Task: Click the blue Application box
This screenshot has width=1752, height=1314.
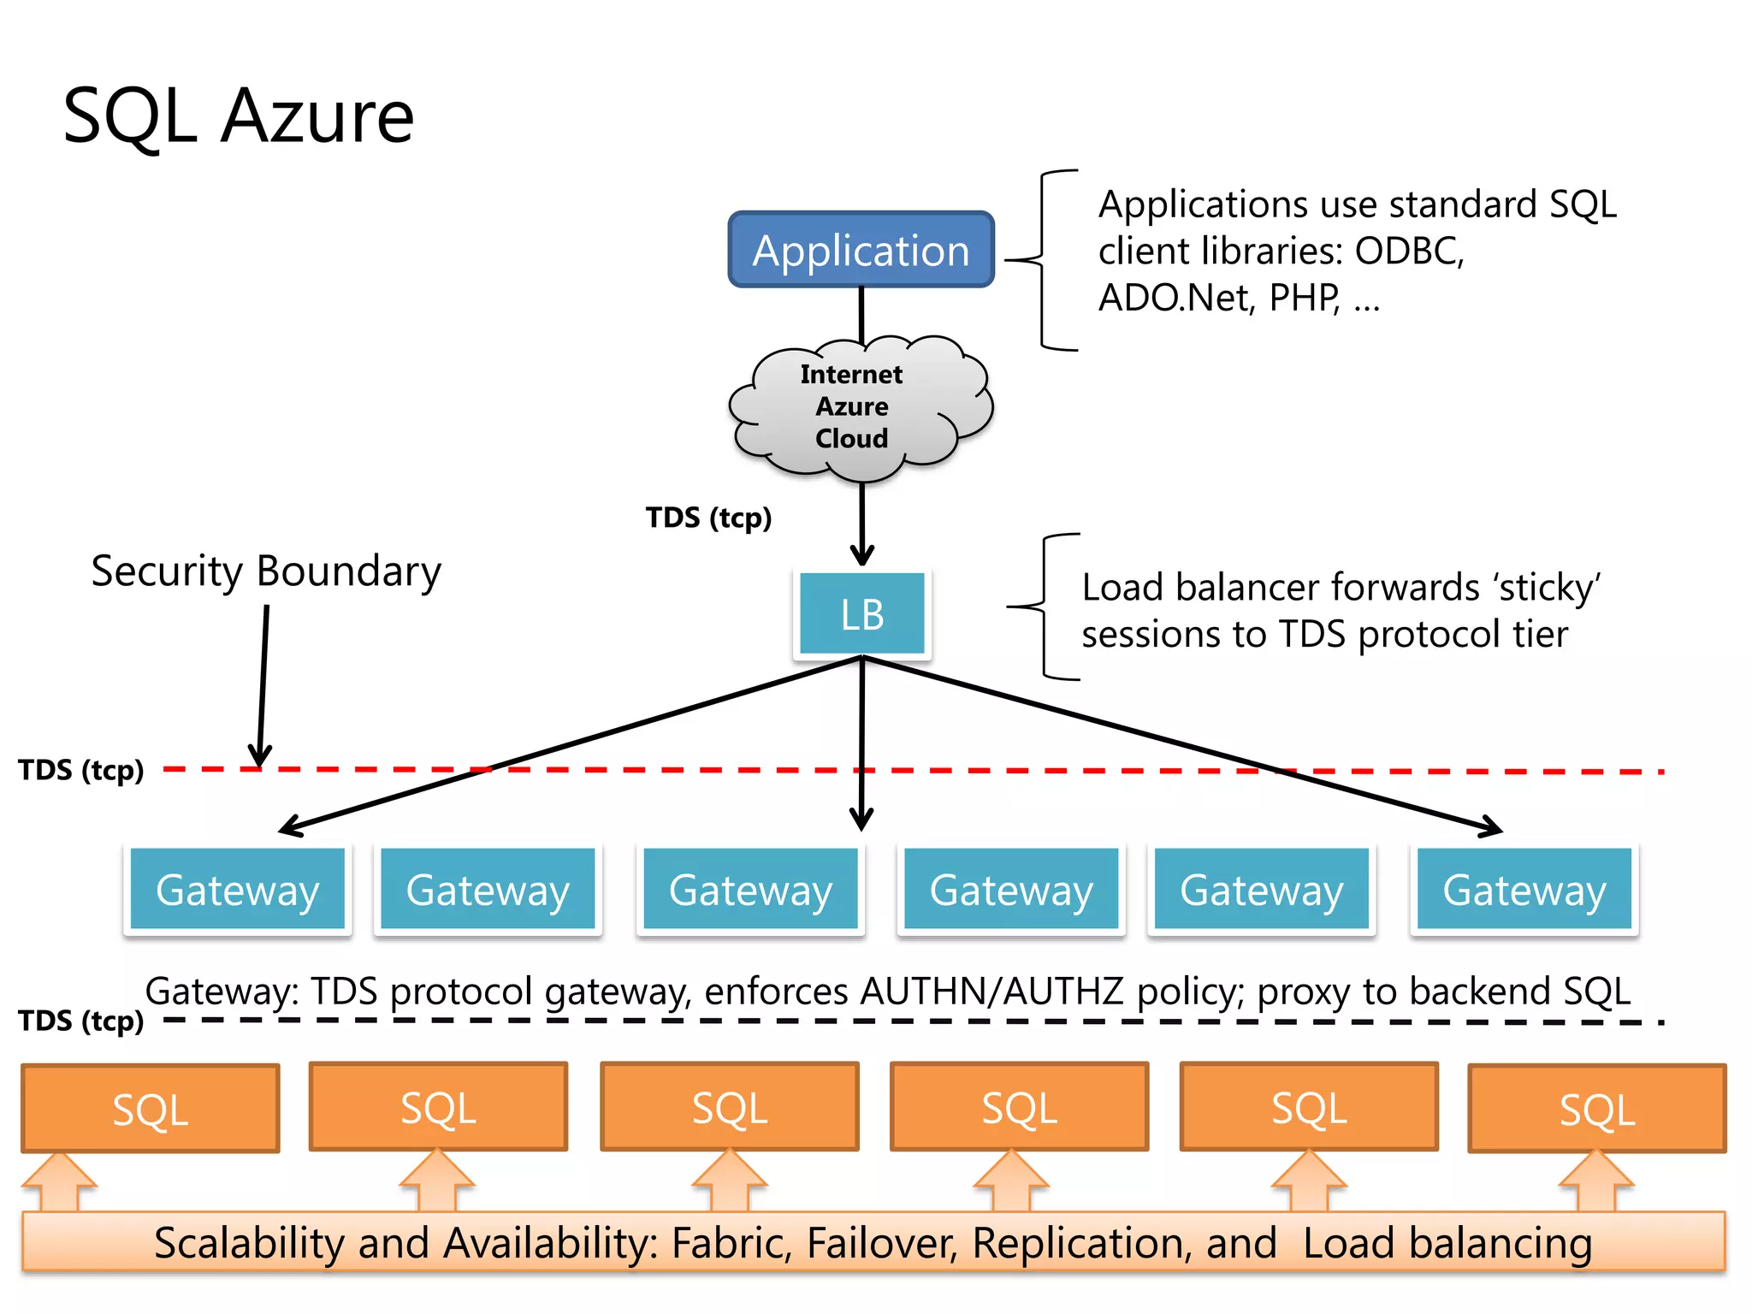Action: click(x=861, y=250)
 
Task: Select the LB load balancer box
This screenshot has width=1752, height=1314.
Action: click(x=861, y=613)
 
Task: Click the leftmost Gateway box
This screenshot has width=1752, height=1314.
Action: click(x=237, y=889)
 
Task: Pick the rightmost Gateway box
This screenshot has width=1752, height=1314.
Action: click(x=1524, y=889)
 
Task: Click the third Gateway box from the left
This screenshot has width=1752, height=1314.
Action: click(x=750, y=889)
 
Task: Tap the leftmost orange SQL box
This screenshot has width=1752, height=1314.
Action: click(x=151, y=1109)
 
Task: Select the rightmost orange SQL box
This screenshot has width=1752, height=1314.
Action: click(x=1596, y=1109)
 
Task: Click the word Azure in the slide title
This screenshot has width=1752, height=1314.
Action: click(x=317, y=116)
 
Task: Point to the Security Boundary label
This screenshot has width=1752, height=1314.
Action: click(x=266, y=571)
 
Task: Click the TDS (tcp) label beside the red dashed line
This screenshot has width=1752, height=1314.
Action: click(x=81, y=770)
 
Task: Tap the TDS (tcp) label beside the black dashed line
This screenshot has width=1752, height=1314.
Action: click(x=81, y=1021)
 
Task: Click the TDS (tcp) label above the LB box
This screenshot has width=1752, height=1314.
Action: click(x=708, y=518)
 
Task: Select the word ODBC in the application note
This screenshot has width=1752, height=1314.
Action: click(x=1408, y=252)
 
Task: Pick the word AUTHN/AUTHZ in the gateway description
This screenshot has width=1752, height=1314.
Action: click(x=991, y=991)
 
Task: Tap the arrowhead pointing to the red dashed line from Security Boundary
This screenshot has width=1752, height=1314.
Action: click(x=260, y=757)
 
